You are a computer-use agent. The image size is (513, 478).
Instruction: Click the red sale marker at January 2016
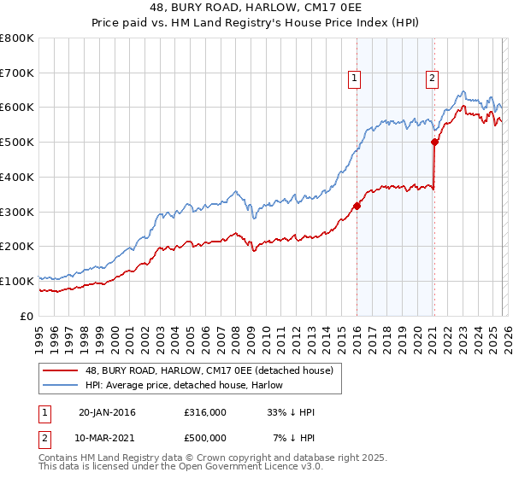[x=357, y=205]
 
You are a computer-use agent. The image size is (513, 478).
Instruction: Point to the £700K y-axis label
[x=16, y=73]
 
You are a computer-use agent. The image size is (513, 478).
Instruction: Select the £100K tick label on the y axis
[x=16, y=281]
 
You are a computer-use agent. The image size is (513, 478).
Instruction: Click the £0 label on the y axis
[x=27, y=316]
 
